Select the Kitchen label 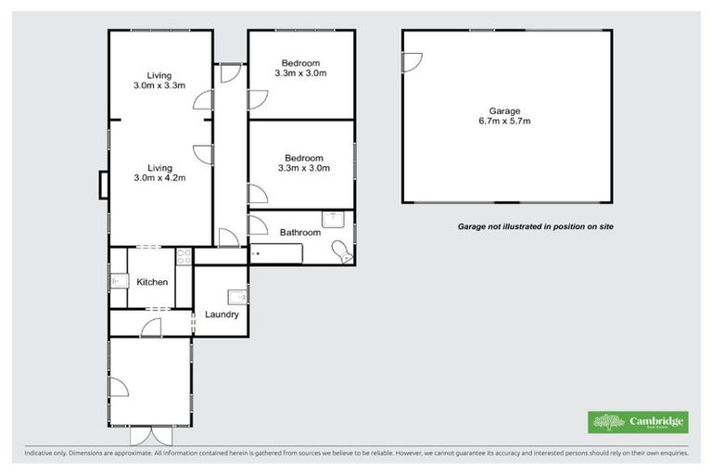(x=152, y=282)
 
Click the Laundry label (x=222, y=315)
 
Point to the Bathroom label (x=301, y=233)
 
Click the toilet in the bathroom (x=343, y=249)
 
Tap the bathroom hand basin (x=334, y=219)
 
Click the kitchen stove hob (x=184, y=256)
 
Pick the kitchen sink (x=119, y=279)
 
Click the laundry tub (x=238, y=296)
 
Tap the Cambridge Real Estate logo (x=639, y=422)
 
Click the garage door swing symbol (x=412, y=63)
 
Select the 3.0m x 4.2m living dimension (x=160, y=178)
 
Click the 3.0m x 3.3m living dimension (x=160, y=85)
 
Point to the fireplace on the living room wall (x=104, y=185)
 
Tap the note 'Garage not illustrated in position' (x=536, y=226)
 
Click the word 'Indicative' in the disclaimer (x=38, y=454)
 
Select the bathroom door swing (x=259, y=225)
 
